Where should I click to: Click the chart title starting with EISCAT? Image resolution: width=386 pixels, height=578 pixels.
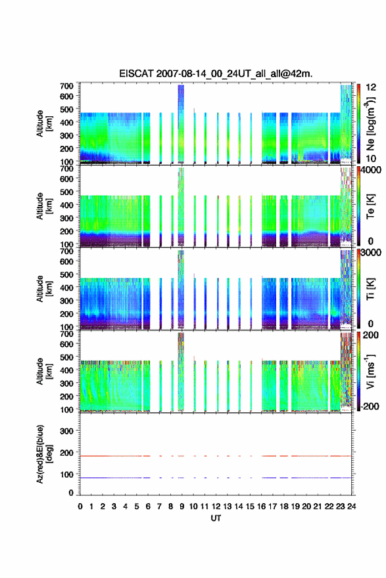[216, 74]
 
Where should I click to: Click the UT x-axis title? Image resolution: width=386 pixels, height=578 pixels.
[216, 518]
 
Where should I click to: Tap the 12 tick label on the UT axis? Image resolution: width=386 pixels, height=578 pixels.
[216, 506]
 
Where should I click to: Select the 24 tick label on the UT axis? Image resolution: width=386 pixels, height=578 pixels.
[351, 506]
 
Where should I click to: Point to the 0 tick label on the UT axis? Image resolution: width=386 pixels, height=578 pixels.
[80, 506]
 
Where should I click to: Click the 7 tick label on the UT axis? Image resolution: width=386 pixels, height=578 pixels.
[159, 506]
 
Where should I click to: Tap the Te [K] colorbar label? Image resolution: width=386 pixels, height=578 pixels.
[370, 206]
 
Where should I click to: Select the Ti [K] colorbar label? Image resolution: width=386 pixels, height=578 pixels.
[370, 289]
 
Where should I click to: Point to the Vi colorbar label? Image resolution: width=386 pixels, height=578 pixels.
[371, 372]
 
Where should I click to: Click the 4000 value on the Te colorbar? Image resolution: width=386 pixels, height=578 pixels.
[371, 170]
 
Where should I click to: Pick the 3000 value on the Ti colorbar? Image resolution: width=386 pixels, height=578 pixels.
[371, 252]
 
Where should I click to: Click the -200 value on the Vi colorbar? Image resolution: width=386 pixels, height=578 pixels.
[370, 406]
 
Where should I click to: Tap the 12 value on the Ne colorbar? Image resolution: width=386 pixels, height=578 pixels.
[371, 87]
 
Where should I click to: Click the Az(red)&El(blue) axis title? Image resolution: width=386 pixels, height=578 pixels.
[44, 454]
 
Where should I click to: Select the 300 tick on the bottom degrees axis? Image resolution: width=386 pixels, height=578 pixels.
[67, 431]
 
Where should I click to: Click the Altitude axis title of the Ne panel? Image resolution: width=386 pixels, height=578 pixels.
[44, 123]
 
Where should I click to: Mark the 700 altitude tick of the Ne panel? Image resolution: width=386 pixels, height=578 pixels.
[67, 86]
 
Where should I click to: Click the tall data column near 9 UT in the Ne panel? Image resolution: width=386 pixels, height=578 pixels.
[181, 124]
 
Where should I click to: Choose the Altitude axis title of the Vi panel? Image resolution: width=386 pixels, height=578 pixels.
[44, 371]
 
